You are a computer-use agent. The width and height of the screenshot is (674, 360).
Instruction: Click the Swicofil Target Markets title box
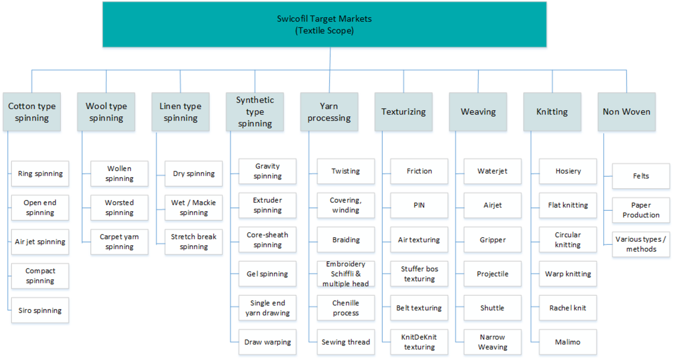pos(324,25)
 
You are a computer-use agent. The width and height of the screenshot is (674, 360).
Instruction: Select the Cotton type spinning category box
pos(32,112)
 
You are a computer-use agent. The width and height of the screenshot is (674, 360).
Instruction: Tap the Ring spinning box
pos(40,174)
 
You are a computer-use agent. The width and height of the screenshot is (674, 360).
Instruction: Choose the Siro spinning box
pos(40,310)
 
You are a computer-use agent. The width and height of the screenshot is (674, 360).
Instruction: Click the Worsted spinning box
pos(119,207)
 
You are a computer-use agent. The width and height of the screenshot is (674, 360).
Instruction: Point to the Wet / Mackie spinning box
pos(194,207)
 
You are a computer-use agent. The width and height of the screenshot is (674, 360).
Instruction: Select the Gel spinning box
pos(268,274)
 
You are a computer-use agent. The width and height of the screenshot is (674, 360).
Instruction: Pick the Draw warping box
pos(268,342)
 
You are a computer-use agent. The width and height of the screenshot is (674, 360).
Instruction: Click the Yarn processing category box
pos(329,112)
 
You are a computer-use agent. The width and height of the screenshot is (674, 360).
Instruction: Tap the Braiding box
pos(346,240)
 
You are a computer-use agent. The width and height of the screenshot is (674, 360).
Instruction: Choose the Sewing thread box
pos(346,342)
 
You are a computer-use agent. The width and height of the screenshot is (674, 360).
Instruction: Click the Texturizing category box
pos(403,112)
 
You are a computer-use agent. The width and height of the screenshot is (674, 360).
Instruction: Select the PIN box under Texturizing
pos(419,205)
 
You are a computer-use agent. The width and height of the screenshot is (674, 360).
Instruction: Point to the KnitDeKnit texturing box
pos(419,342)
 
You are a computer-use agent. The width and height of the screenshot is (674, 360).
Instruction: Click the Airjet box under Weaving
pos(493,205)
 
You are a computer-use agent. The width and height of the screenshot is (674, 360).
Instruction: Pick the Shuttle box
pos(493,308)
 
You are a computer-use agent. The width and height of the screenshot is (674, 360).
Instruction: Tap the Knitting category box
pos(552,112)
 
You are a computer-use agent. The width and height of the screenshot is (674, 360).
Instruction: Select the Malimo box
pos(568,342)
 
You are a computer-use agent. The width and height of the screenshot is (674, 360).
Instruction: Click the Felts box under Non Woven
pos(641,176)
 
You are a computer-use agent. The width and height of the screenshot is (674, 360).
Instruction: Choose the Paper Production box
pos(641,210)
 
